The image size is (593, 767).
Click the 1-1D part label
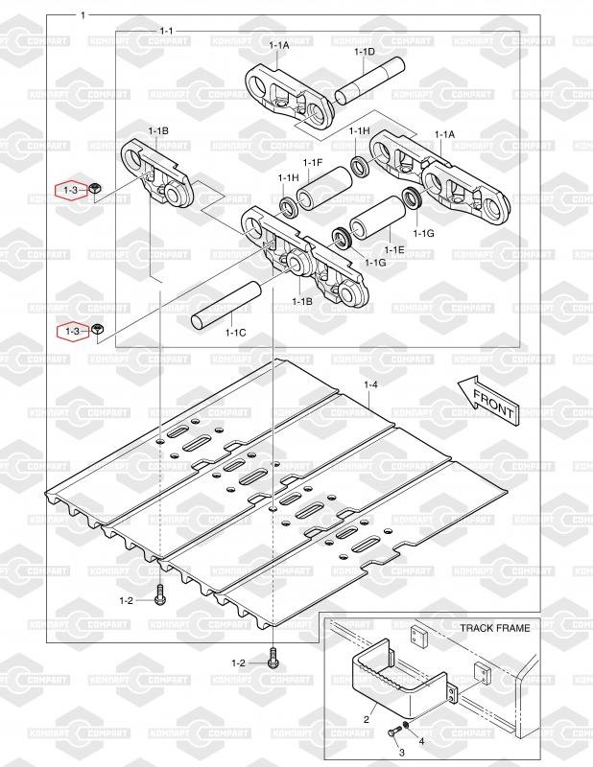(365, 51)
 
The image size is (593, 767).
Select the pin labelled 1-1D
(369, 81)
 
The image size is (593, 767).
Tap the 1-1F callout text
(312, 163)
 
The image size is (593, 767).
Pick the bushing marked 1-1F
(323, 188)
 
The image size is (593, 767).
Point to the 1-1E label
(394, 249)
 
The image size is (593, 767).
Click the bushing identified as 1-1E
(377, 219)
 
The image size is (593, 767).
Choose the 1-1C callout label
(235, 333)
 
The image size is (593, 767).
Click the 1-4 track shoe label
(370, 384)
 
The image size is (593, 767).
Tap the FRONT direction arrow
(487, 400)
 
